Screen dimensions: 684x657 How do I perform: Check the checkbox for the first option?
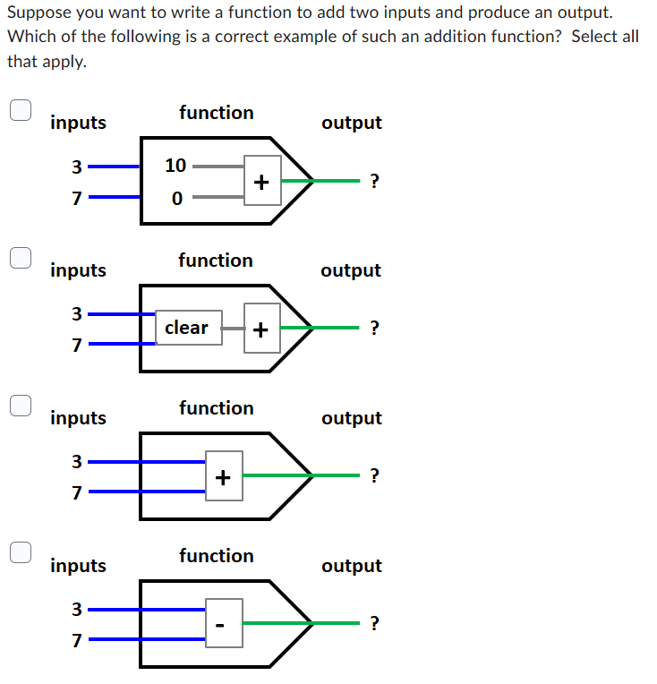point(21,109)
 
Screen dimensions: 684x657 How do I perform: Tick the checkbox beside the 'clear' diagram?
point(21,257)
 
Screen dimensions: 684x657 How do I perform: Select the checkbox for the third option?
point(21,405)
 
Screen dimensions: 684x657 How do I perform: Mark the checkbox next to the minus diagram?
point(21,552)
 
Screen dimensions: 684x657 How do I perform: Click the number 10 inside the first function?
point(175,166)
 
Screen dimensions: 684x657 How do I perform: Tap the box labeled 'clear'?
point(188,328)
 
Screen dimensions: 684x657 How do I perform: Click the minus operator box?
point(224,623)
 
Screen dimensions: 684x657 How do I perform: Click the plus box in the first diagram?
point(261,181)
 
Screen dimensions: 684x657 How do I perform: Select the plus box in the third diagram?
point(224,475)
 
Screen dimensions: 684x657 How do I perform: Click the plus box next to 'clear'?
point(261,329)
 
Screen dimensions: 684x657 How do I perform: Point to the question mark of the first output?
point(374,182)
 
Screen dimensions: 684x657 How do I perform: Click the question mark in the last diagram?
point(374,624)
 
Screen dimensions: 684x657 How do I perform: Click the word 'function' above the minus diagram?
point(216,556)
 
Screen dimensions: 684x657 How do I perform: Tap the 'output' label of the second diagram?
point(351,270)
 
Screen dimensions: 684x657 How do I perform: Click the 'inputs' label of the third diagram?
point(78,418)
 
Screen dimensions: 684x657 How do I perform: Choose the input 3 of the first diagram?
point(77,167)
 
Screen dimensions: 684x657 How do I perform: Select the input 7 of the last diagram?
point(77,641)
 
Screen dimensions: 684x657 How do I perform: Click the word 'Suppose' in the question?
point(41,13)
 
